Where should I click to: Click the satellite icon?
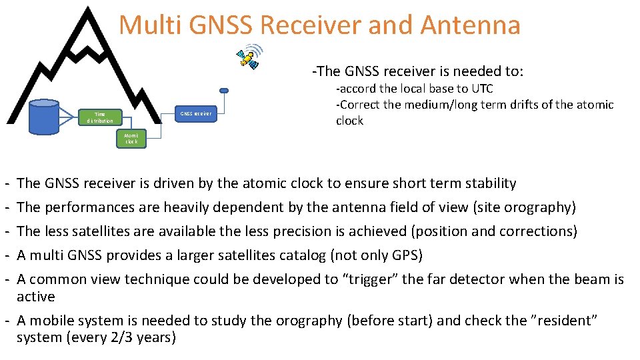pyautogui.click(x=249, y=58)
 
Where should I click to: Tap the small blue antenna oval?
pyautogui.click(x=224, y=91)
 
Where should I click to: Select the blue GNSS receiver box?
pyautogui.click(x=196, y=114)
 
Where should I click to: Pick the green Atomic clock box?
pyautogui.click(x=131, y=138)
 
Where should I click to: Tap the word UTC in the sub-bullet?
pyautogui.click(x=482, y=89)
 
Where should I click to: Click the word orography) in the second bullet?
pyautogui.click(x=538, y=207)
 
